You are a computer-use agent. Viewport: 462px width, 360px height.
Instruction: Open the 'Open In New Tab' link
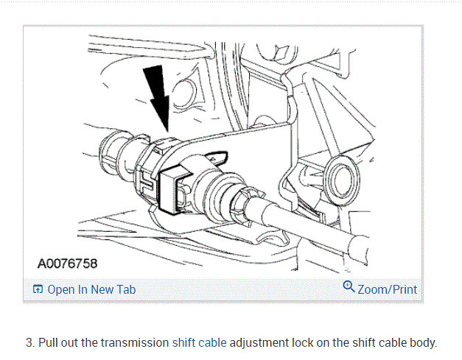(91, 289)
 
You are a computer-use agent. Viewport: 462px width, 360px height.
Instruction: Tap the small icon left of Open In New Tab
(38, 289)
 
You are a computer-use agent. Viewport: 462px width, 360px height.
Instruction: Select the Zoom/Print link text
(387, 289)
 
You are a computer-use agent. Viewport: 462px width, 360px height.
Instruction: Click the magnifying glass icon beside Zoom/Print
(349, 287)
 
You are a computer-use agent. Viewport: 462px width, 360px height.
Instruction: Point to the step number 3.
(29, 342)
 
